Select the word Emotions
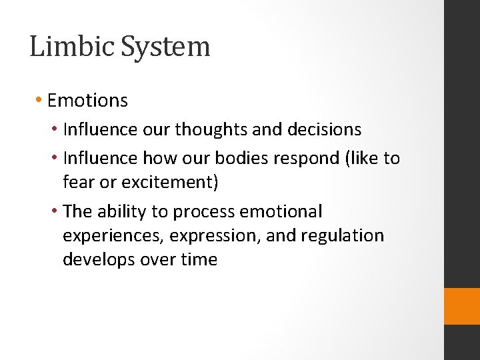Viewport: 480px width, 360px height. (x=87, y=101)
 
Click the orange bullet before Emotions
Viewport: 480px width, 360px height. (x=39, y=101)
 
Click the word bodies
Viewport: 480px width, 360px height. (x=239, y=159)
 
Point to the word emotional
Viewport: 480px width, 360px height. (x=281, y=212)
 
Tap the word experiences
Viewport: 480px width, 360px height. (x=113, y=237)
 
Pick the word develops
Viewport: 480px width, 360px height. (x=98, y=260)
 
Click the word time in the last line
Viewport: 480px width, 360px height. (x=199, y=259)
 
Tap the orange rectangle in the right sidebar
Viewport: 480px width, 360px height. (x=462, y=306)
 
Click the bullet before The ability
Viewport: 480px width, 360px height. (x=55, y=212)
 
